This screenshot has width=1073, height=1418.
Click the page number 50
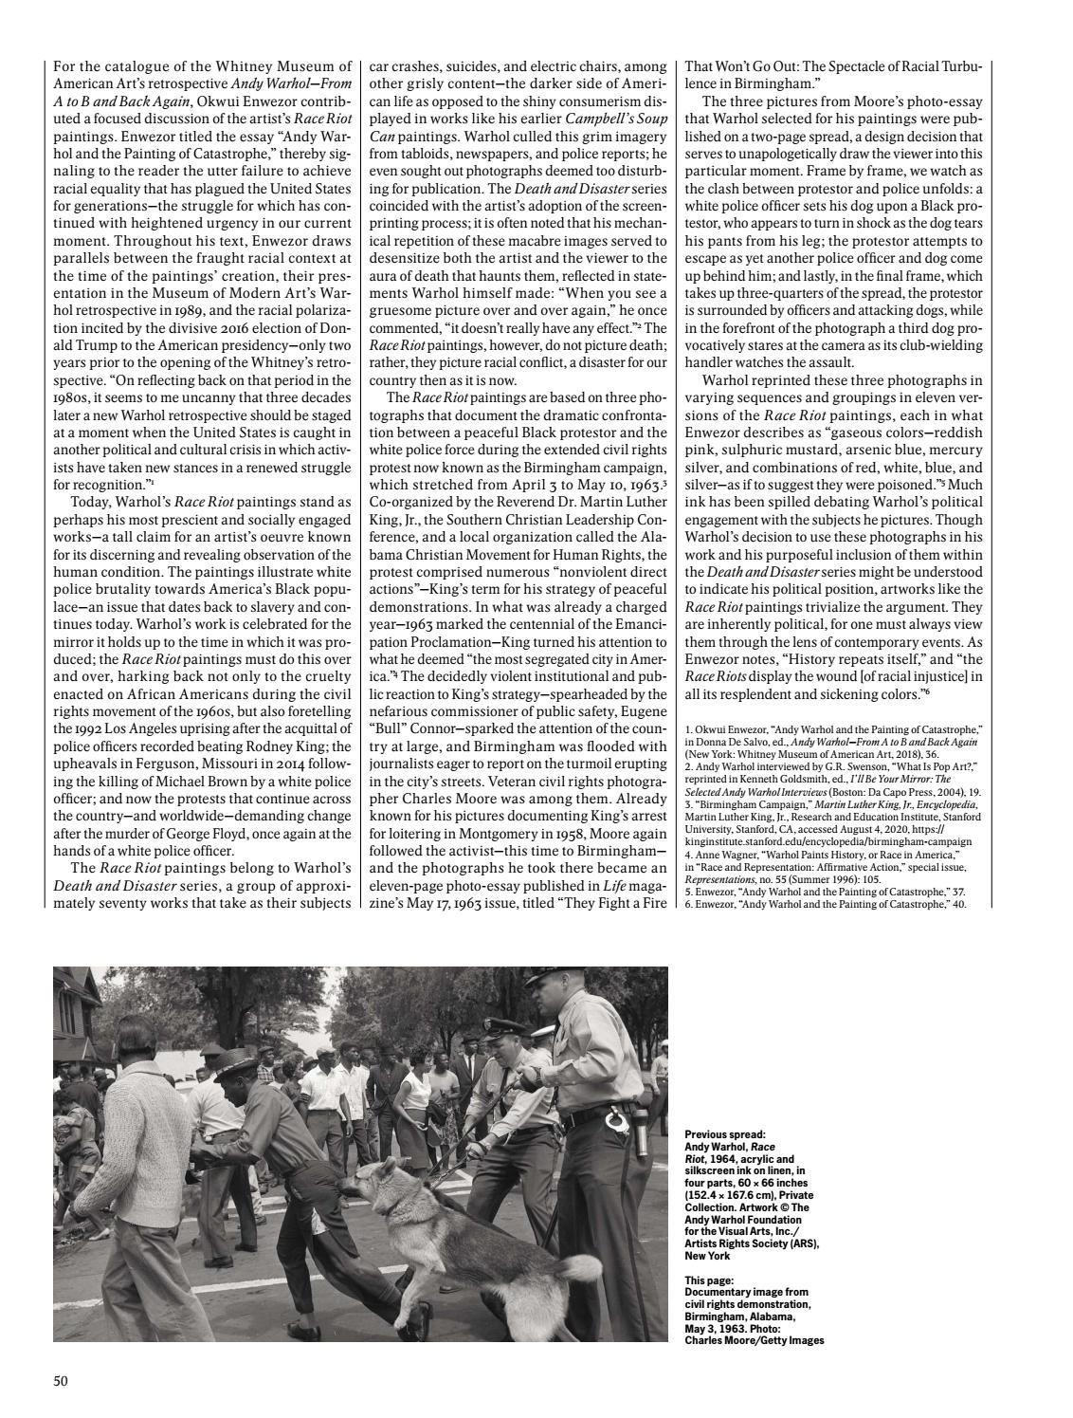(61, 1380)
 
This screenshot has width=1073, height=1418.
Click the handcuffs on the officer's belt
(618, 1124)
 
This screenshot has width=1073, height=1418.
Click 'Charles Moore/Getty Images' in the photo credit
(755, 1340)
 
